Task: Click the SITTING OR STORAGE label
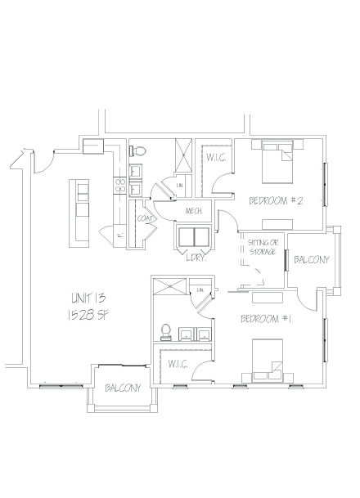262,248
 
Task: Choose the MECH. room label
194,212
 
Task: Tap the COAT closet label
146,218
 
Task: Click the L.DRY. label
195,258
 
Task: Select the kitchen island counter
82,212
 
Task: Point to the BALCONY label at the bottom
123,388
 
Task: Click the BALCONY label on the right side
311,260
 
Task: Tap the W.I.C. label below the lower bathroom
178,364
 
